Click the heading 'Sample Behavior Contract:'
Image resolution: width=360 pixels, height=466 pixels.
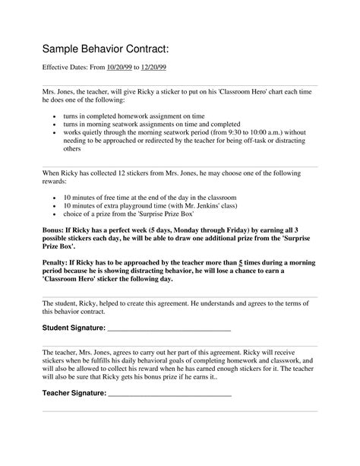click(x=105, y=49)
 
